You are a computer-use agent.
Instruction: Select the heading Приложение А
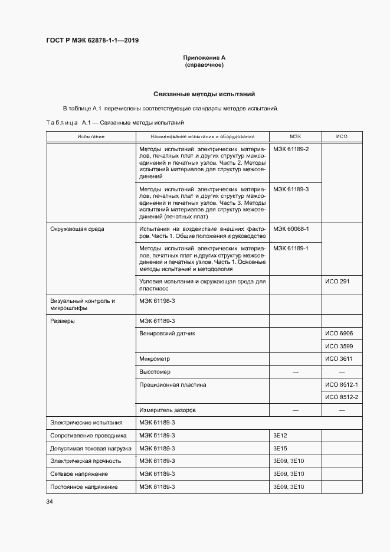pyautogui.click(x=204, y=58)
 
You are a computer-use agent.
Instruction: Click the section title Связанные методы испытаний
pyautogui.click(x=204, y=94)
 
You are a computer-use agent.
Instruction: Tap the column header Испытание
pyautogui.click(x=90, y=136)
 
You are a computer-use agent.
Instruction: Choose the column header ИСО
pyautogui.click(x=342, y=136)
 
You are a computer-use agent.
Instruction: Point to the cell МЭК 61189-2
pyautogui.click(x=291, y=149)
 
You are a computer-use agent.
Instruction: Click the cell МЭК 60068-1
pyautogui.click(x=291, y=228)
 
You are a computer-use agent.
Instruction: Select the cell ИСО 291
pyautogui.click(x=337, y=281)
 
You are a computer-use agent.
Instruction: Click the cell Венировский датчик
pyautogui.click(x=167, y=334)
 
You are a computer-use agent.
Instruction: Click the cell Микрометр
pyautogui.click(x=155, y=359)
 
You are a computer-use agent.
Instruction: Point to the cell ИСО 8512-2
pyautogui.click(x=342, y=397)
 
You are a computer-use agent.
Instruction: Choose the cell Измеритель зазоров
pyautogui.click(x=168, y=410)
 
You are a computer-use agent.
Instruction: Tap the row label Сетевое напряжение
pyautogui.click(x=79, y=474)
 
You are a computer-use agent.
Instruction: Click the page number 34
pyautogui.click(x=50, y=502)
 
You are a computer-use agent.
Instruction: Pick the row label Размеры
pyautogui.click(x=63, y=321)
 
